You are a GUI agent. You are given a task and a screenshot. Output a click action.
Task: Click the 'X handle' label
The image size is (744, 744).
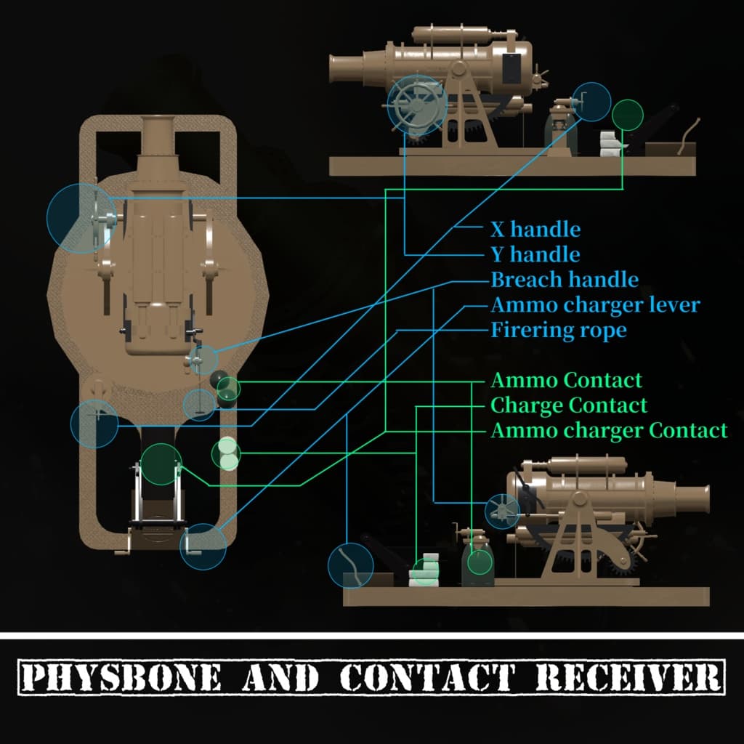tap(535, 230)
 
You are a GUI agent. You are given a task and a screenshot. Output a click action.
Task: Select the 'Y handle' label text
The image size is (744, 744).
tap(535, 254)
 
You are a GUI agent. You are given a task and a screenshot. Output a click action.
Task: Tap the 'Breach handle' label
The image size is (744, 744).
tap(565, 280)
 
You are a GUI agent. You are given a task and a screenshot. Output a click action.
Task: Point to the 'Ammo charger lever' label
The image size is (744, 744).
tap(595, 304)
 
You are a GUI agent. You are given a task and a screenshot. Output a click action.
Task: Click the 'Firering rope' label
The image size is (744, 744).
tap(558, 330)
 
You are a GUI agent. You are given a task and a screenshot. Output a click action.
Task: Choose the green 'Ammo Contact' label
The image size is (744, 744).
tap(567, 380)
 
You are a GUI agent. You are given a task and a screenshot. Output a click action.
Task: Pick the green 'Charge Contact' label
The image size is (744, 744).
tap(569, 405)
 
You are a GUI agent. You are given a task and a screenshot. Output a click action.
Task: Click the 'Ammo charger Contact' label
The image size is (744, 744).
tap(609, 430)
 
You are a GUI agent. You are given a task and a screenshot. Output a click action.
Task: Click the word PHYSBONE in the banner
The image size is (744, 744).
tap(121, 678)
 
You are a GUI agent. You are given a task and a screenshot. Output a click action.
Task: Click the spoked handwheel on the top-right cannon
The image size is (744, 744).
tap(416, 106)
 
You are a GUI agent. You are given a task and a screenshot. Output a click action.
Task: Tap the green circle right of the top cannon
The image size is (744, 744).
tap(627, 115)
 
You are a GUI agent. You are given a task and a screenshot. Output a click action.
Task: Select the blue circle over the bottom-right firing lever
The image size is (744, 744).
tap(351, 565)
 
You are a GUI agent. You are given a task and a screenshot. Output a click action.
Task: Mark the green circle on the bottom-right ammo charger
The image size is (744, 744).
tap(480, 561)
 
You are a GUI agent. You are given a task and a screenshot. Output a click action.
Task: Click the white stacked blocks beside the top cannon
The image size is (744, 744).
tap(608, 144)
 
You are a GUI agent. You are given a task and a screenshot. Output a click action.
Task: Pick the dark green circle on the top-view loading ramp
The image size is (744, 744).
tap(161, 464)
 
